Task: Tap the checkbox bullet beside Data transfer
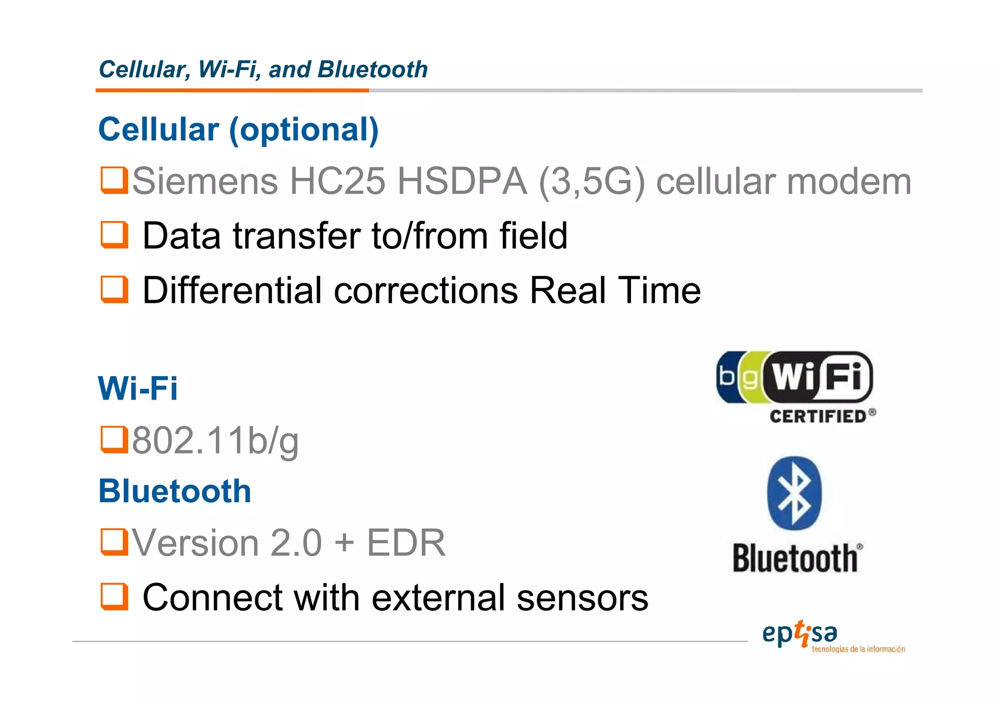pyautogui.click(x=114, y=235)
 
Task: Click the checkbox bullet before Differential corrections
pyautogui.click(x=114, y=289)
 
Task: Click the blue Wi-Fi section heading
pyautogui.click(x=138, y=388)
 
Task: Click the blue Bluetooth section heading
pyautogui.click(x=175, y=491)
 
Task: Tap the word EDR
pyautogui.click(x=406, y=543)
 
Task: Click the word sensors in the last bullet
pyautogui.click(x=582, y=598)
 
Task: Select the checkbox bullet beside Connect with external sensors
pyautogui.click(x=114, y=597)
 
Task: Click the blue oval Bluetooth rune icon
pyautogui.click(x=794, y=493)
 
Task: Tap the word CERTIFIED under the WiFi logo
pyautogui.click(x=818, y=417)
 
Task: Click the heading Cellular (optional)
pyautogui.click(x=238, y=130)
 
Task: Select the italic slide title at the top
pyautogui.click(x=263, y=69)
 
